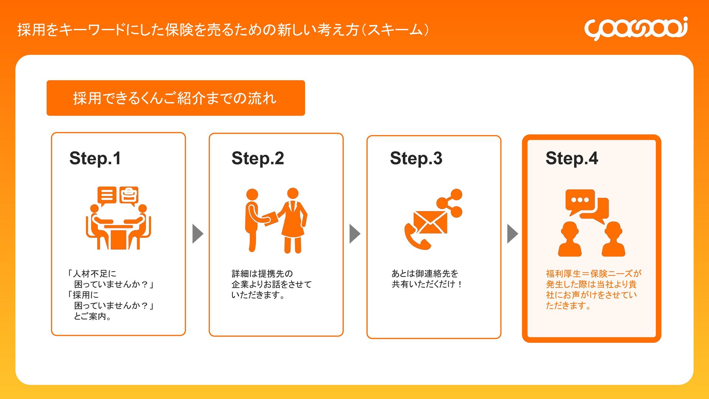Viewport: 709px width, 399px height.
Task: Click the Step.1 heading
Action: pyautogui.click(x=95, y=158)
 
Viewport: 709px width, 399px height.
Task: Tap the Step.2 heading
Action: pyautogui.click(x=257, y=158)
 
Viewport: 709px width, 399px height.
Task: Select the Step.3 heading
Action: pyautogui.click(x=416, y=158)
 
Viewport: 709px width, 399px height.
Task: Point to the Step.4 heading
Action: pyautogui.click(x=572, y=158)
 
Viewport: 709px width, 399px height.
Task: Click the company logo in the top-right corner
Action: pyautogui.click(x=636, y=28)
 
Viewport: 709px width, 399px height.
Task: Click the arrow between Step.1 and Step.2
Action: pyautogui.click(x=198, y=233)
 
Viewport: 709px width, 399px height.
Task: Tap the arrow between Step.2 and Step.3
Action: pyautogui.click(x=354, y=233)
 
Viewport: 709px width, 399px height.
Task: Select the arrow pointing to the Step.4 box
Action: pyautogui.click(x=512, y=233)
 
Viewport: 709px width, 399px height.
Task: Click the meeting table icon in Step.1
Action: pyautogui.click(x=118, y=229)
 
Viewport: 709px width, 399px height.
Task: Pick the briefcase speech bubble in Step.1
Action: pyautogui.click(x=129, y=195)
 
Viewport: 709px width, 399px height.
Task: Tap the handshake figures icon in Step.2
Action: pyautogui.click(x=276, y=221)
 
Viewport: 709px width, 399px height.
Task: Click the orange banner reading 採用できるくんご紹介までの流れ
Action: pyautogui.click(x=175, y=98)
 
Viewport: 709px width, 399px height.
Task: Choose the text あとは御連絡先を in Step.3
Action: pyautogui.click(x=425, y=273)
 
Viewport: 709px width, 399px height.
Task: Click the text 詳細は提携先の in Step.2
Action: pyautogui.click(x=262, y=273)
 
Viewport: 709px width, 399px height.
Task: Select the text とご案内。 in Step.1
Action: pyautogui.click(x=92, y=316)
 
